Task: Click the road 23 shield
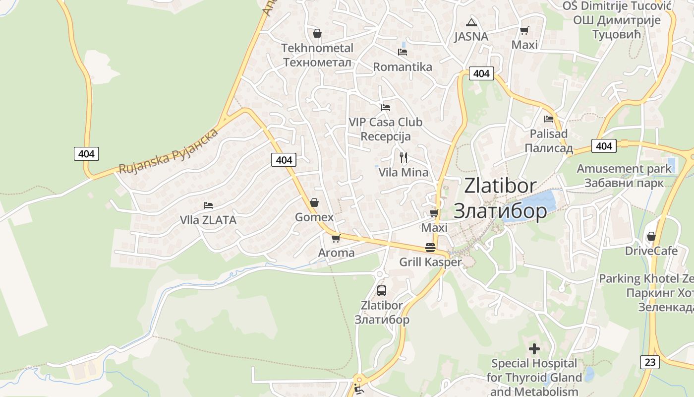(650, 362)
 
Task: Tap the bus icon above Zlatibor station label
(381, 291)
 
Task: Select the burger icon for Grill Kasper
(430, 248)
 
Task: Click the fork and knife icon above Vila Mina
(404, 158)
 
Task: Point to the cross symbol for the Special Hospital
(534, 349)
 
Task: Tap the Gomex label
(314, 217)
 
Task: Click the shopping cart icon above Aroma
(336, 239)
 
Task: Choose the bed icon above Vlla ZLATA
(208, 205)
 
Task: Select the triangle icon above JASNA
(471, 22)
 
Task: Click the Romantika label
(403, 67)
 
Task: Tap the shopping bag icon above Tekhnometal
(317, 34)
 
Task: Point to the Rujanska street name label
(169, 151)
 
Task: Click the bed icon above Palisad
(549, 119)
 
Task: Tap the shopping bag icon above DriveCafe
(651, 236)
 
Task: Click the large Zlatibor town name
(501, 198)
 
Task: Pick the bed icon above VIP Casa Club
(386, 108)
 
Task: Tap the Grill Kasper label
(430, 262)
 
